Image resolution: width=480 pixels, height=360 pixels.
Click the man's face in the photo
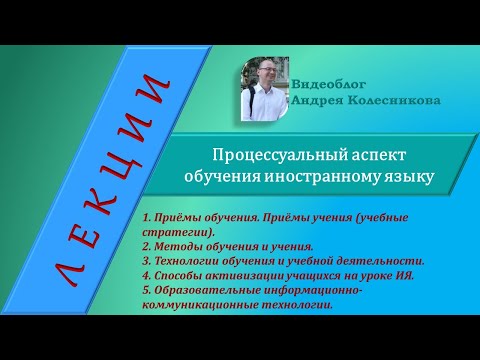point(263,77)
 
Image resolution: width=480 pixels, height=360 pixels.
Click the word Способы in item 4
point(176,275)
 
